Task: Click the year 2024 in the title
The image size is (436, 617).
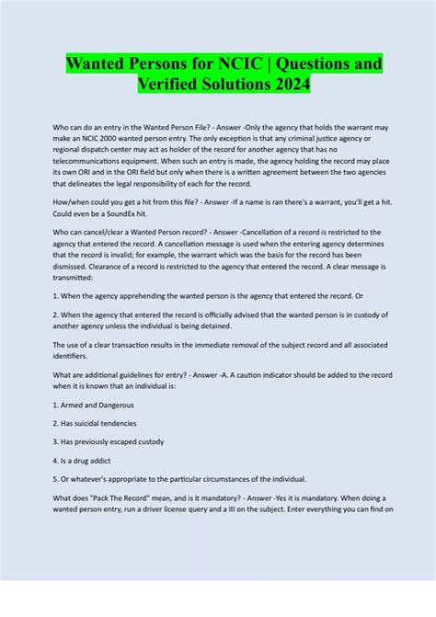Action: pos(286,85)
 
